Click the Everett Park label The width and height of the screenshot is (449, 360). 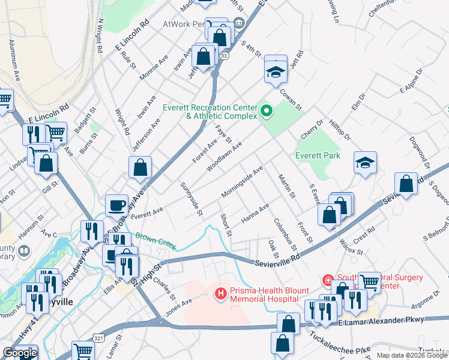(x=318, y=155)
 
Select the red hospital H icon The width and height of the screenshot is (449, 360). (x=220, y=293)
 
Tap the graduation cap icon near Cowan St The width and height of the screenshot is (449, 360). (x=276, y=72)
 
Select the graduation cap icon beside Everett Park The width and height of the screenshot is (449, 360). (x=365, y=163)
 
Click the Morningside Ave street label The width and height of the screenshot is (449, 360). (x=242, y=181)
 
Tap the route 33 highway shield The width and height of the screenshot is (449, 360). (x=224, y=55)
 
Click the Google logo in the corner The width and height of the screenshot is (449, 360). (x=20, y=353)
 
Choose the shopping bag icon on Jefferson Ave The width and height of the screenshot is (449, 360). (x=140, y=168)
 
